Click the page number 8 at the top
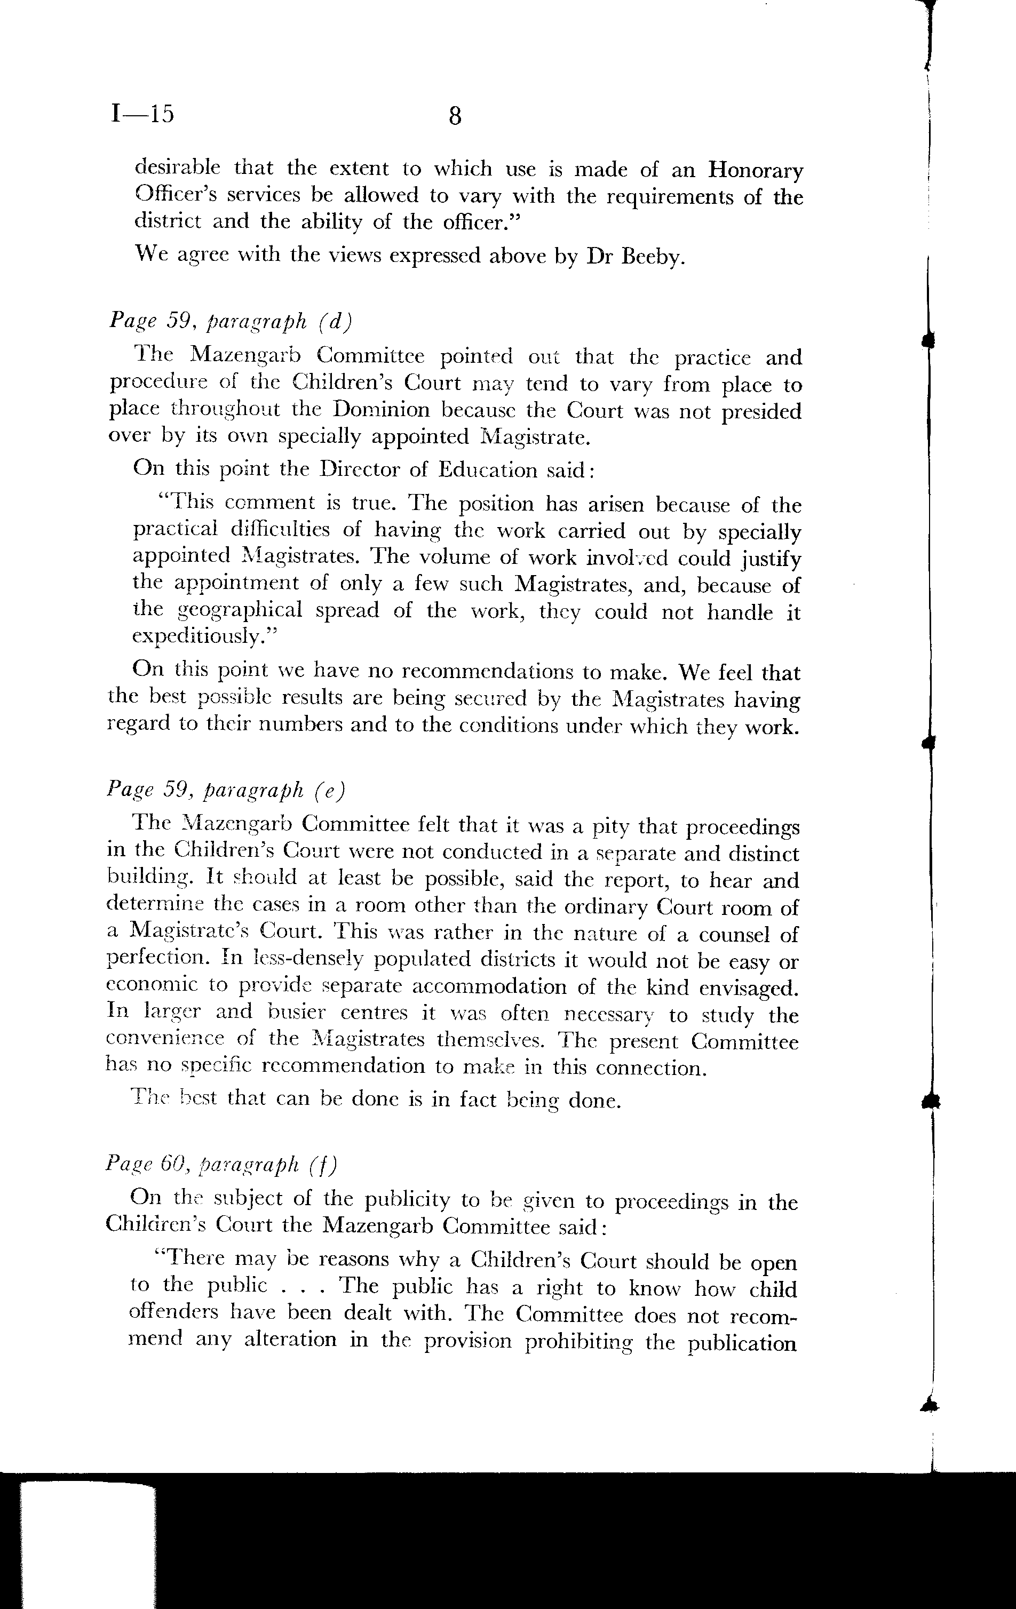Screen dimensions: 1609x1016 tap(455, 116)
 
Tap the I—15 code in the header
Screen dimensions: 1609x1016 tap(142, 114)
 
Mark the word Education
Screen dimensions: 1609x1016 tap(487, 470)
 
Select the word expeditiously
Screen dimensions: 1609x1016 tap(204, 637)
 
